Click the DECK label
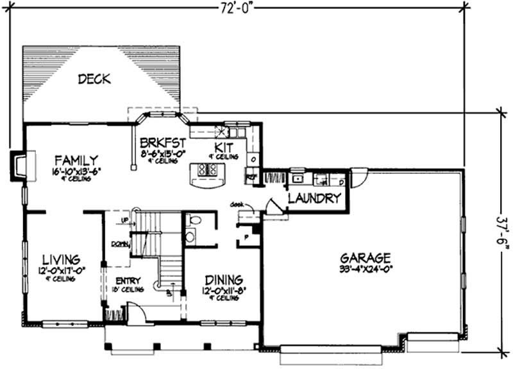(x=94, y=80)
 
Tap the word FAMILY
(x=76, y=160)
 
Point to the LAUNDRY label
(x=314, y=198)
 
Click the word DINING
(x=223, y=280)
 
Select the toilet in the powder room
(x=194, y=221)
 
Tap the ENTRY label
(x=128, y=280)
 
